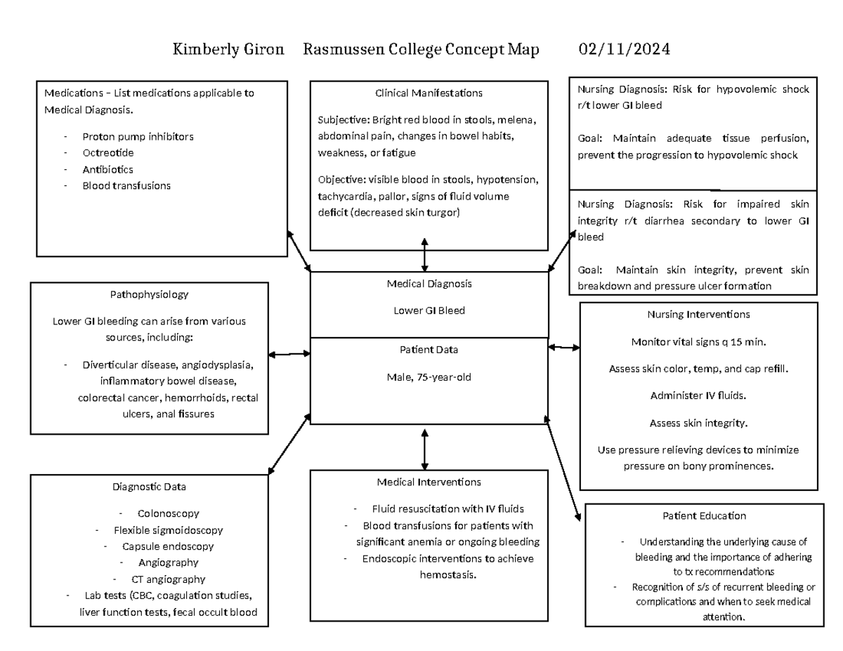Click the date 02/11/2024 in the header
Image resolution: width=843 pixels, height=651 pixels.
[x=624, y=50]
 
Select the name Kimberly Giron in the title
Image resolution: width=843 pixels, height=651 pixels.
[x=229, y=50]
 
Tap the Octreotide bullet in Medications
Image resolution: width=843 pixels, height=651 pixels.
[x=107, y=153]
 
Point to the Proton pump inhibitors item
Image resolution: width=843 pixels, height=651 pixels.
[x=138, y=137]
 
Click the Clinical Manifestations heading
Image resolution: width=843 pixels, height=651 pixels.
[x=429, y=93]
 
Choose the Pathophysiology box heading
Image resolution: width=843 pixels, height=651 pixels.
[x=149, y=295]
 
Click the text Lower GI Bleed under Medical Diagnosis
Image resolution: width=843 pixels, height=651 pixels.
[x=429, y=310]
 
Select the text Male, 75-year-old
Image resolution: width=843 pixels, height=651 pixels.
[x=429, y=377]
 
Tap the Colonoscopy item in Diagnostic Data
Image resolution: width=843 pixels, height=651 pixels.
[x=169, y=513]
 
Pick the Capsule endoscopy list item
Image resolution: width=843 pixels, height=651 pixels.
[x=168, y=546]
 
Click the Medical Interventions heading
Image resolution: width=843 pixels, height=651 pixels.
[x=429, y=482]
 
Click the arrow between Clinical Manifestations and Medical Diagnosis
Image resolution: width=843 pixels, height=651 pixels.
[x=424, y=254]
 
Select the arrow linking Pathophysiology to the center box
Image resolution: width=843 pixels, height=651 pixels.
[x=289, y=355]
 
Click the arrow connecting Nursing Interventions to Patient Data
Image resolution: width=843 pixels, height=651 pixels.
[x=563, y=347]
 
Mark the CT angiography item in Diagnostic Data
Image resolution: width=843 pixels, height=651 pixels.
[x=169, y=579]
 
